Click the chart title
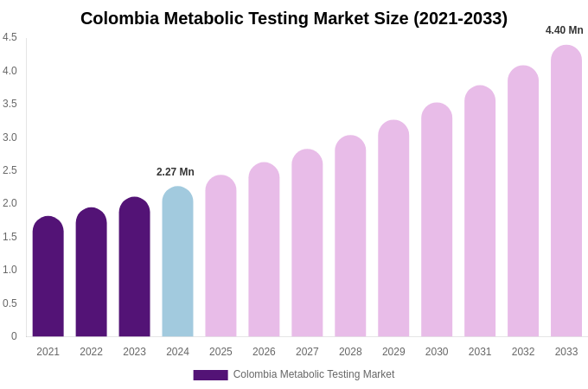[x=294, y=18]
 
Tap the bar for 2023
[x=134, y=267]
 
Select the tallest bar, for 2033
[x=566, y=191]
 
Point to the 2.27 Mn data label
[x=176, y=172]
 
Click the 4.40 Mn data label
[x=564, y=30]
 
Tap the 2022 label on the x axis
[x=92, y=352]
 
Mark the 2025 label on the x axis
[x=220, y=352]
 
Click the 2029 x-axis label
[x=393, y=352]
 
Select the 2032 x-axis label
[x=523, y=352]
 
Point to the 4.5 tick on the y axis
[x=10, y=37]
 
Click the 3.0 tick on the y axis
[x=10, y=137]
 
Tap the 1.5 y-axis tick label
[x=10, y=237]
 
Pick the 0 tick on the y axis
[x=14, y=336]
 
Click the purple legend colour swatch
[x=210, y=375]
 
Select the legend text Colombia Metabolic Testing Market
[x=314, y=374]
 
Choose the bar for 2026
[x=264, y=250]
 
